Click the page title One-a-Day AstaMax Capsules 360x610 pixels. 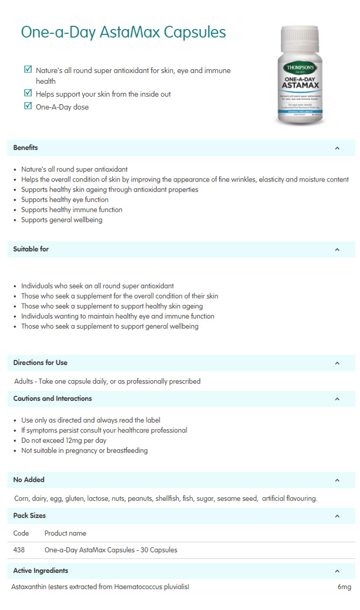(x=123, y=32)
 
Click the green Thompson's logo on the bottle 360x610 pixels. (x=301, y=68)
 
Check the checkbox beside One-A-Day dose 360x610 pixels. (x=28, y=106)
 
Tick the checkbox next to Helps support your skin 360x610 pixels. (x=28, y=93)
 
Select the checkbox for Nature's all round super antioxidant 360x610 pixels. (x=28, y=69)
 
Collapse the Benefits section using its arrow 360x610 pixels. (x=337, y=148)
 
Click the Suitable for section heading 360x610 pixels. (x=31, y=249)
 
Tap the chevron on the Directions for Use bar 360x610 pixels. (x=337, y=363)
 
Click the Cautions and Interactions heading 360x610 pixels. (x=52, y=398)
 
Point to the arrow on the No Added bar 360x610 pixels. (x=337, y=480)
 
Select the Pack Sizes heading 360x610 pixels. (x=29, y=515)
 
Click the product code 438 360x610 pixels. (x=19, y=550)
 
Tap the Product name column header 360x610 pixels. (x=65, y=533)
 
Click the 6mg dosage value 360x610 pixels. (x=344, y=587)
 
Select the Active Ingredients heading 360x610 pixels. (x=40, y=570)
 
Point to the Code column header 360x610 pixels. (x=21, y=533)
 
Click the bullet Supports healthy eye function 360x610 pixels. (x=64, y=200)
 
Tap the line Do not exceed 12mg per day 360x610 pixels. (x=63, y=440)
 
